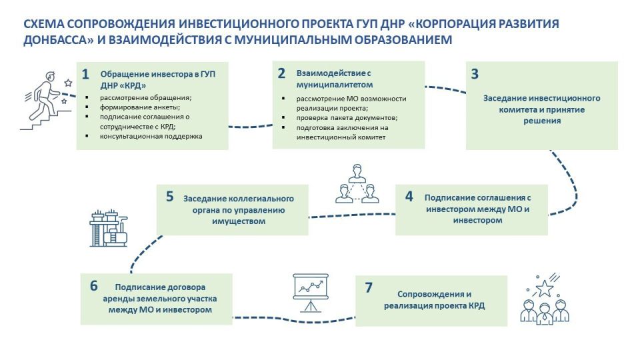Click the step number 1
click(x=85, y=74)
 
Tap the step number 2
click(x=281, y=73)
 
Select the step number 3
click(x=475, y=73)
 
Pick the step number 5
click(x=170, y=196)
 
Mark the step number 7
click(x=369, y=287)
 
